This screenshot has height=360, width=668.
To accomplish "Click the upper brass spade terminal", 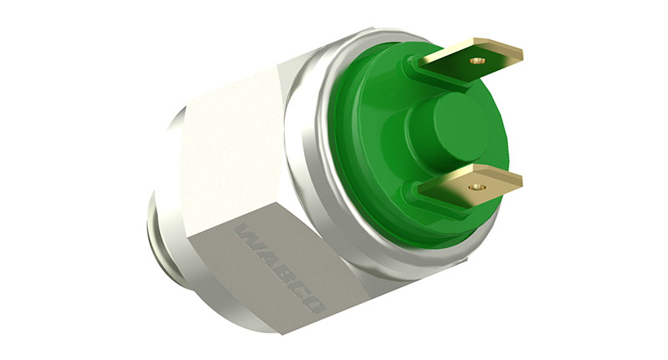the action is coord(471,60).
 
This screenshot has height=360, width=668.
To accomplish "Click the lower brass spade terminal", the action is coord(471,186).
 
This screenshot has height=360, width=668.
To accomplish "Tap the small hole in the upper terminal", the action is coord(478,61).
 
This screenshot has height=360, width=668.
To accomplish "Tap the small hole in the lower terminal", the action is coord(477,187).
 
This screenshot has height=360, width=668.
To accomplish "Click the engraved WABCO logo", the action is coord(280,268).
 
